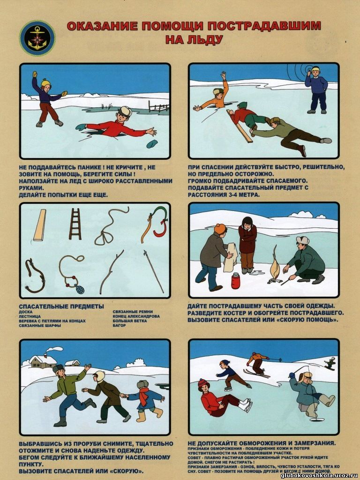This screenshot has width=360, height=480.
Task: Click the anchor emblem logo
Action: tap(37, 38)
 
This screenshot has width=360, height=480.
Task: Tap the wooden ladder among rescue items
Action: tap(75, 224)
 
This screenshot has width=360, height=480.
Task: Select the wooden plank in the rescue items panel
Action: tap(39, 225)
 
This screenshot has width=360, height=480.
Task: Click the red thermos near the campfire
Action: tap(235, 281)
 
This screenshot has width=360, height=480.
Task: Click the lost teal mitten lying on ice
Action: tap(152, 143)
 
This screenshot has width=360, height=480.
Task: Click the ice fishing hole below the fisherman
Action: tap(315, 420)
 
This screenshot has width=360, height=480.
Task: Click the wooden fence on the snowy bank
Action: tap(158, 106)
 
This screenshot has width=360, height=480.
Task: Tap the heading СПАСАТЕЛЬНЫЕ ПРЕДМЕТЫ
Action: tap(61, 307)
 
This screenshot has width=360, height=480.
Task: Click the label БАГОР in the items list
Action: tap(120, 325)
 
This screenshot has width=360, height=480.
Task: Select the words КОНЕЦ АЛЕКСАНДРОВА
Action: tap(136, 316)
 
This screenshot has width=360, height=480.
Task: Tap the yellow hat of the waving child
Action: tap(45, 82)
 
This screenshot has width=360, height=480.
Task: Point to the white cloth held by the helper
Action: tap(230, 257)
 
